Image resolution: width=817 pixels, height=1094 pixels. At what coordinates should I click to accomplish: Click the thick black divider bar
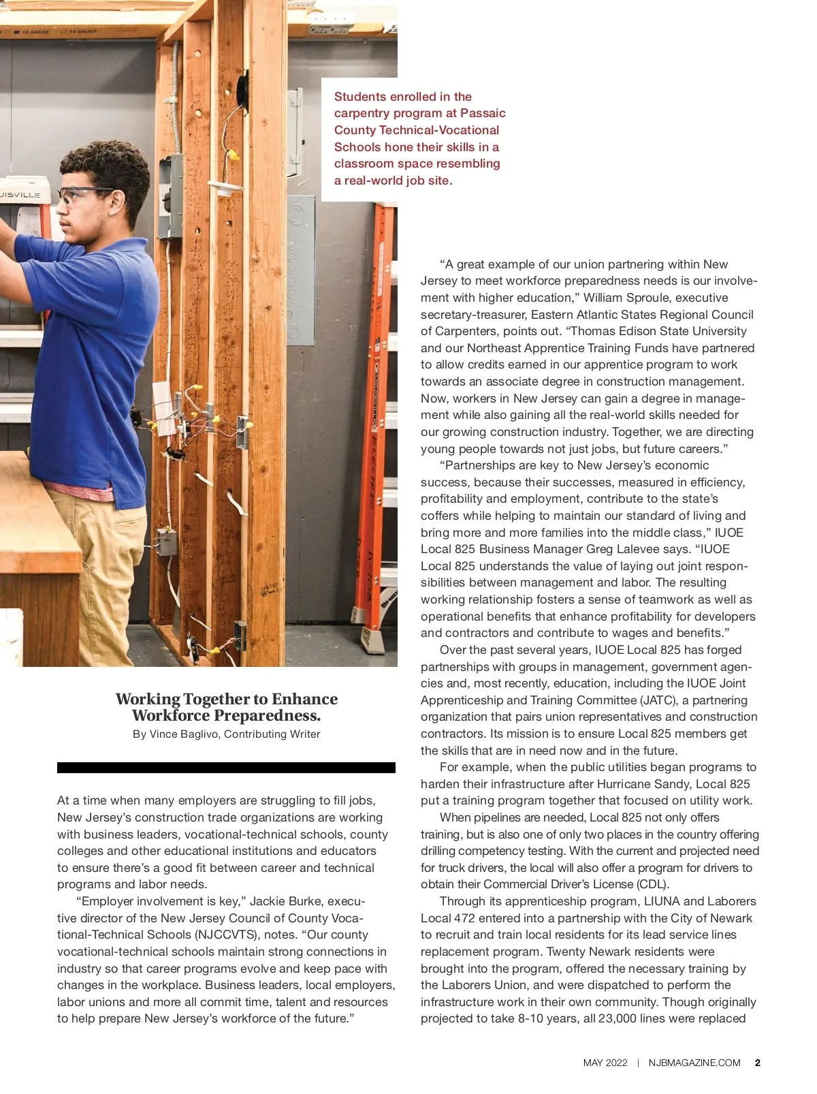226,768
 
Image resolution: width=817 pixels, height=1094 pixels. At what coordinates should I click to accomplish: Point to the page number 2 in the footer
758,1063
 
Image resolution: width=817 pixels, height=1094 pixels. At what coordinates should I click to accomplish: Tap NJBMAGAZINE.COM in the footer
694,1063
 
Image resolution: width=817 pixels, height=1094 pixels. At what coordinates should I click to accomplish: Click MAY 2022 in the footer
605,1063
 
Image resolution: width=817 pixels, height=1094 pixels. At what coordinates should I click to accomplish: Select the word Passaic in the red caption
483,113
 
